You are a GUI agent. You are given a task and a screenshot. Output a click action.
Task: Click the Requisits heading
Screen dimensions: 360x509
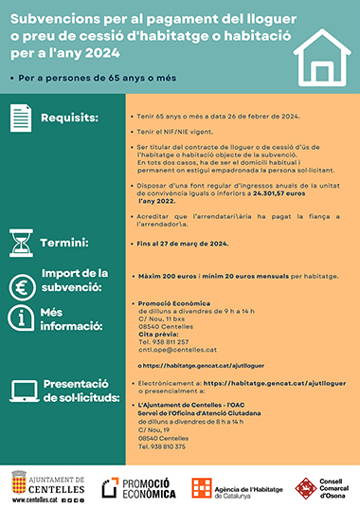pyautogui.click(x=69, y=119)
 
